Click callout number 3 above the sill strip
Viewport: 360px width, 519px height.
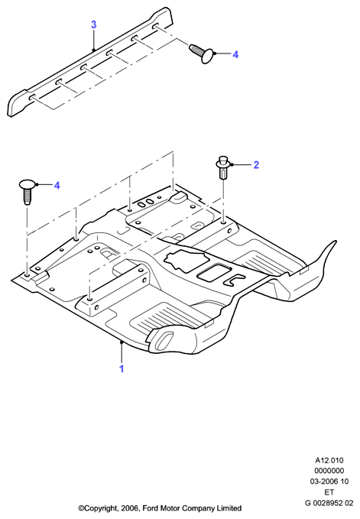(x=94, y=24)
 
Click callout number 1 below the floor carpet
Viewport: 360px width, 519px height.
(x=122, y=368)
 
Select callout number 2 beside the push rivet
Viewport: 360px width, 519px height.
(x=256, y=165)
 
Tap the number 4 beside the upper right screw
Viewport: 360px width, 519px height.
(x=235, y=54)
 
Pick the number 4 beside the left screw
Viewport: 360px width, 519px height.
(x=57, y=185)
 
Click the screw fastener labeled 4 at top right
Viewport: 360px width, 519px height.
(x=201, y=54)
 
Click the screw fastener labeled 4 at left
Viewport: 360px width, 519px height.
(x=28, y=192)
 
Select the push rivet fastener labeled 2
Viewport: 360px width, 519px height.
(x=223, y=167)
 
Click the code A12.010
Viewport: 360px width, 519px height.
(x=329, y=460)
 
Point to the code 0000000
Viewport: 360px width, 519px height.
(x=329, y=471)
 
